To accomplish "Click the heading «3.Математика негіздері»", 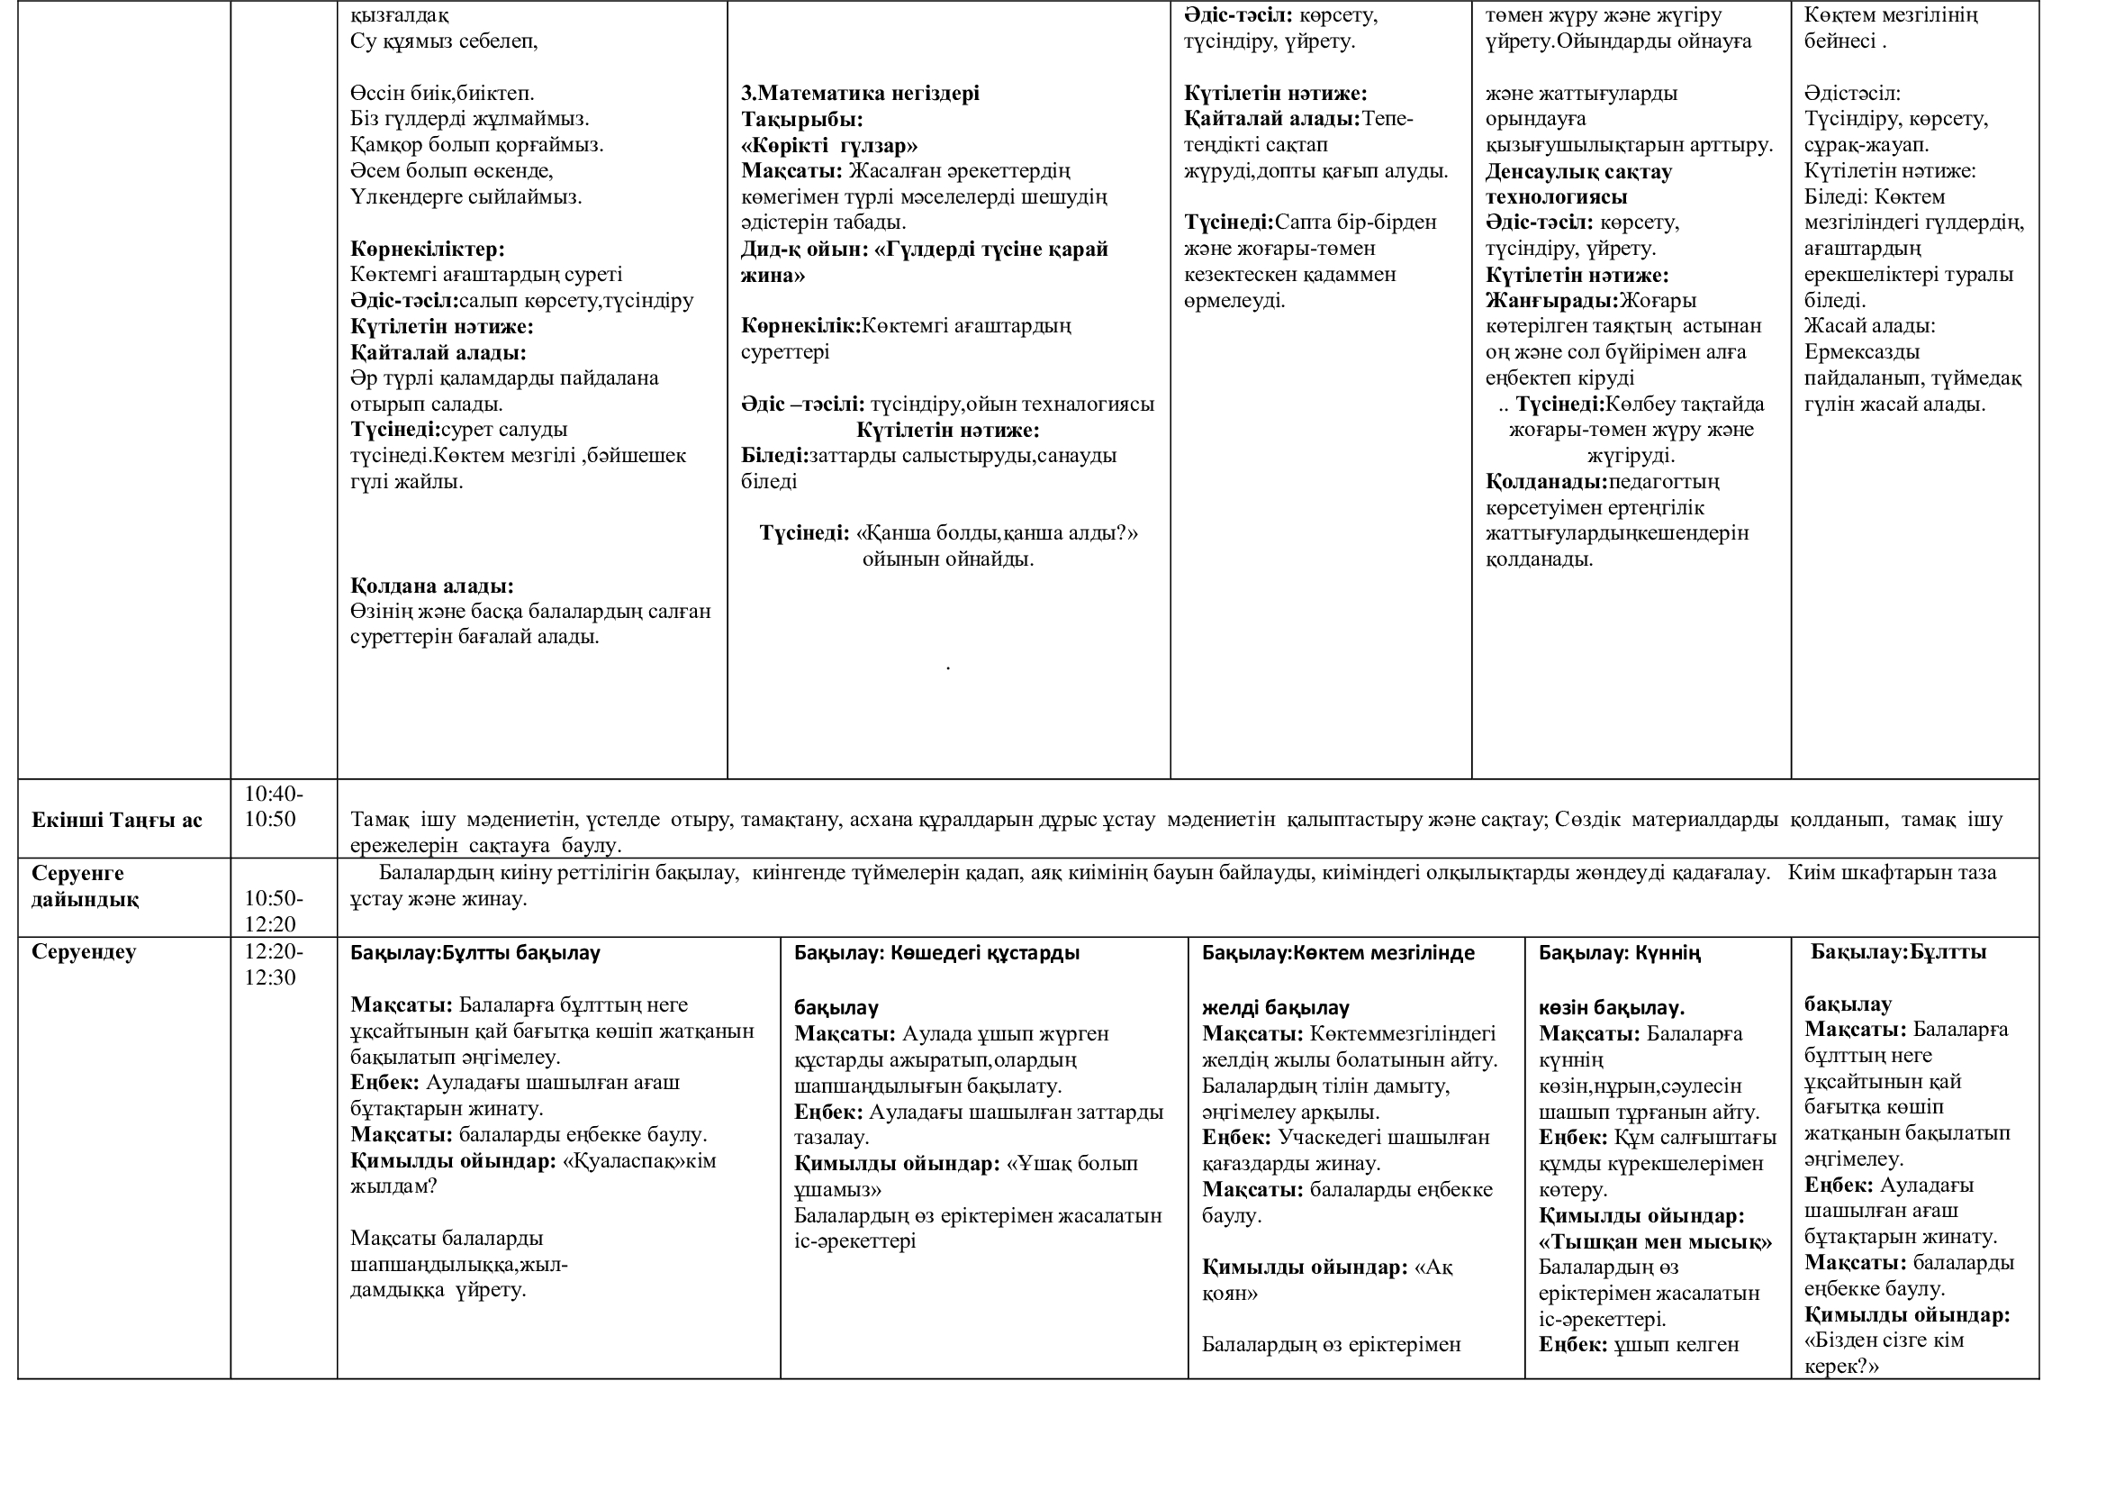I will (860, 94).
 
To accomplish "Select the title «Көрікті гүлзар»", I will (829, 146).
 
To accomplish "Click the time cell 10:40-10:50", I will (274, 806).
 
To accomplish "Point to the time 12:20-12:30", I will (274, 964).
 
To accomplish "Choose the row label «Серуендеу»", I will (84, 951).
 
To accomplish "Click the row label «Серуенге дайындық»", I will (85, 886).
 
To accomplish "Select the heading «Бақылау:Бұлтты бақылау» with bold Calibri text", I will (475, 952).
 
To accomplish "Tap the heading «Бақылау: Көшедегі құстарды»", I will (936, 952).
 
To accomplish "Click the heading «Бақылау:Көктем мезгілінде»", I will (1338, 952).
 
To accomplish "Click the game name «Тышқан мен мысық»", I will (1655, 1242).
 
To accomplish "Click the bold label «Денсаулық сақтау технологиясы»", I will (1578, 185).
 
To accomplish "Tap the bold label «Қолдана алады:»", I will (432, 586).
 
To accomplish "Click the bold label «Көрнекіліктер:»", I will (428, 250).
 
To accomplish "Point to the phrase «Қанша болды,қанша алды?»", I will (996, 533).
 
